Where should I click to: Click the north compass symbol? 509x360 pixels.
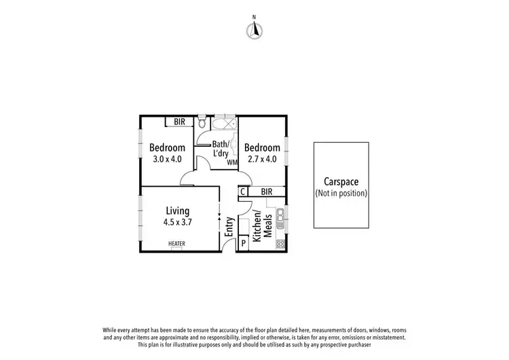pos(254,28)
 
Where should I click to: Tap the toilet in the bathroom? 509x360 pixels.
pos(202,123)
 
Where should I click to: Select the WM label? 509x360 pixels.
pos(231,162)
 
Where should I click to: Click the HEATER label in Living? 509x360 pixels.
pos(177,244)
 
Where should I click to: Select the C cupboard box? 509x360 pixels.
pos(242,192)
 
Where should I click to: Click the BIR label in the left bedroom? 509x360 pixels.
pos(179,122)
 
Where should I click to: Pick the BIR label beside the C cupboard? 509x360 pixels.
pos(266,192)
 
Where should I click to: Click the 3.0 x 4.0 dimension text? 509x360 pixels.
pos(167,160)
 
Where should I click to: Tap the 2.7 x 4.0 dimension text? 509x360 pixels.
pos(262,160)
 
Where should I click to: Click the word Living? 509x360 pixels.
pos(176,211)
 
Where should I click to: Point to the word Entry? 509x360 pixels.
pos(229,227)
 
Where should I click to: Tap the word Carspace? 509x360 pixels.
pos(341,181)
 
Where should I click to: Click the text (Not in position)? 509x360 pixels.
pos(341,193)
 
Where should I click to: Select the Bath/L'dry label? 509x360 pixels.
pos(220,149)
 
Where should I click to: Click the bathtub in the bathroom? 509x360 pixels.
pos(223,125)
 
